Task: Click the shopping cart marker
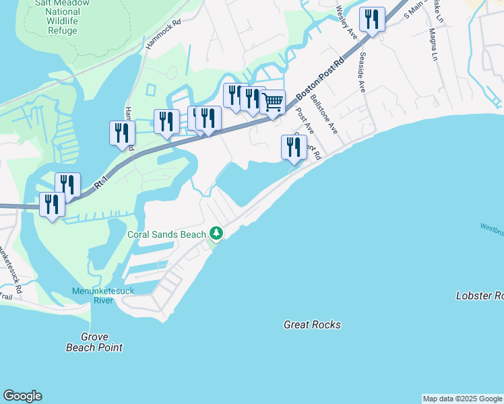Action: coord(272,103)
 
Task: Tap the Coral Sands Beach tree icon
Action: coord(216,234)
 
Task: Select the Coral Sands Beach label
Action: coord(166,234)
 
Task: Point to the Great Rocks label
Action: coord(312,325)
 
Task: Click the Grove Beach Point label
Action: coord(94,342)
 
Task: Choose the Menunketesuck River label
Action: coord(104,296)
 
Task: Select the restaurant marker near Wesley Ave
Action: coord(371,20)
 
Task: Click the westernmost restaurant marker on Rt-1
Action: coord(52,204)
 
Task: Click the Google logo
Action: coord(22,396)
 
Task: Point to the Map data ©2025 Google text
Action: coord(462,399)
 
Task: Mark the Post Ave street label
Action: coord(305,117)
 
